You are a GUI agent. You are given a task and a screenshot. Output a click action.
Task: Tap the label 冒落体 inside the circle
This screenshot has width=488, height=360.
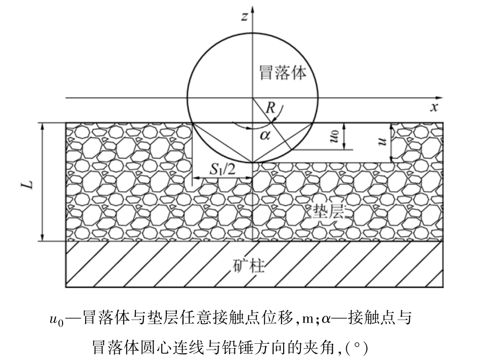[x=283, y=73]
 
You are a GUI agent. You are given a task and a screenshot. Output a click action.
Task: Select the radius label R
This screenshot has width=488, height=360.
[x=270, y=108]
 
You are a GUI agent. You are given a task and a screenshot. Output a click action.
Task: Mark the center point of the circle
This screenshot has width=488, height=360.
[x=252, y=98]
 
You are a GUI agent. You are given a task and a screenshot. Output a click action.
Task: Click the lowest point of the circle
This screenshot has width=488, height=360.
[x=252, y=162]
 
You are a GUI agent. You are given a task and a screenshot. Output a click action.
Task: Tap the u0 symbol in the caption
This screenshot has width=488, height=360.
[x=56, y=320]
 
